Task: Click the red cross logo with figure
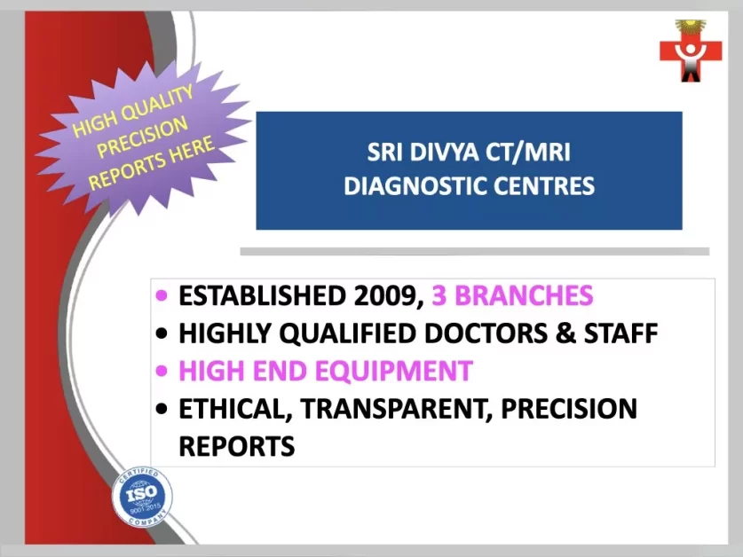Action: point(691,51)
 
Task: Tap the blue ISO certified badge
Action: point(142,496)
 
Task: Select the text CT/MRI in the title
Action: point(528,153)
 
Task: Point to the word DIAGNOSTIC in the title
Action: point(415,185)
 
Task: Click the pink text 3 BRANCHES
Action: point(512,295)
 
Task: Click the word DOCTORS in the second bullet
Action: point(486,333)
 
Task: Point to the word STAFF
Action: point(620,333)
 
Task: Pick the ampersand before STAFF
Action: point(565,333)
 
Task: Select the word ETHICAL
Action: point(235,409)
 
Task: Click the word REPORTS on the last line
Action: point(237,446)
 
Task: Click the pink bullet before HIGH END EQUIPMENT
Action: point(162,371)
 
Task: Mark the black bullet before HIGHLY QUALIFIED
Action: point(162,333)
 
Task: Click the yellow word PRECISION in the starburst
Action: point(142,137)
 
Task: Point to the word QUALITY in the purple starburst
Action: point(157,104)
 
